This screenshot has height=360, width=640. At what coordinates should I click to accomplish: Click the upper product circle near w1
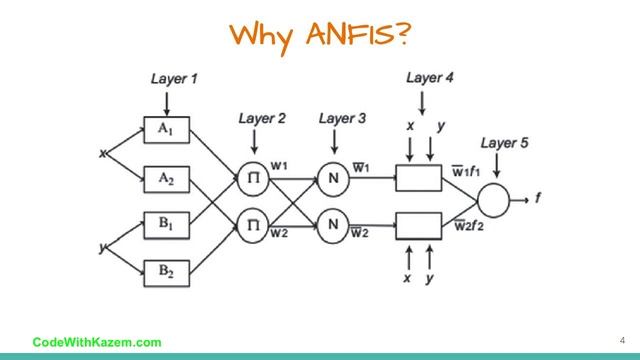tap(254, 179)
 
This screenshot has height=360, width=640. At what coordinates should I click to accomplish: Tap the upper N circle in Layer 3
tap(332, 179)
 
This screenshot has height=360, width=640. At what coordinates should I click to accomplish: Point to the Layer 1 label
tap(175, 78)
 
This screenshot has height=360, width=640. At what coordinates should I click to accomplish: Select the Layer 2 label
tap(262, 119)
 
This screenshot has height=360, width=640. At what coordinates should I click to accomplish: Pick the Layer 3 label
tap(342, 119)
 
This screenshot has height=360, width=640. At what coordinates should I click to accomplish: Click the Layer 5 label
tap(505, 143)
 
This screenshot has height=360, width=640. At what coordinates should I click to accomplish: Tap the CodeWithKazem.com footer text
tap(97, 342)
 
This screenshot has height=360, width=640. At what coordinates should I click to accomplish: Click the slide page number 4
tap(606, 339)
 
